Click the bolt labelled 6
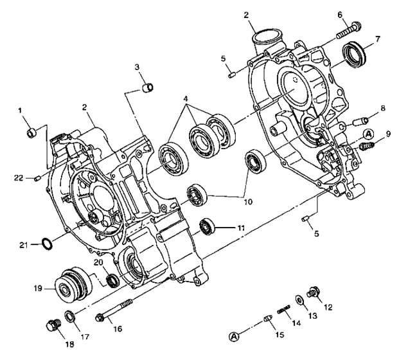348,28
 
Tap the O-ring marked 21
47,243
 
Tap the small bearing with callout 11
208,226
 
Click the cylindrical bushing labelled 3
147,87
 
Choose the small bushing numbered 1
30,133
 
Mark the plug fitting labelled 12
314,292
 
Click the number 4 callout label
185,100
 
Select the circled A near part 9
368,134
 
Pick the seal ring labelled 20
112,280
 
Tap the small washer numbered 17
69,318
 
